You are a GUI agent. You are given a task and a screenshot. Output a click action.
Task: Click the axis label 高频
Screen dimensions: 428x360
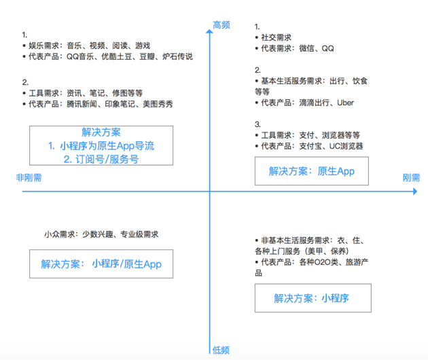click(x=221, y=25)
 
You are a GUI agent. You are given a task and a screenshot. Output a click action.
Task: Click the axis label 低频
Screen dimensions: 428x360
click(x=221, y=350)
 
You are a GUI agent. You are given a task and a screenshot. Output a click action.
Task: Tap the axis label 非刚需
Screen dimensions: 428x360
click(x=29, y=178)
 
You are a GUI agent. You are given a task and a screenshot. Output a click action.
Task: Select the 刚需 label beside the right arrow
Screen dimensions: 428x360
click(x=411, y=178)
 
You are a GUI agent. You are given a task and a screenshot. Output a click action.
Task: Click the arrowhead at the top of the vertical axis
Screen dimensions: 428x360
click(x=209, y=31)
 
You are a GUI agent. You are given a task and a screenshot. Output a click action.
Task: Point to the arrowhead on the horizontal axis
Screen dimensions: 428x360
click(x=415, y=192)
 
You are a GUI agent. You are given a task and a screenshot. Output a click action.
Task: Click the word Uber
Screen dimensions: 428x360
click(x=345, y=103)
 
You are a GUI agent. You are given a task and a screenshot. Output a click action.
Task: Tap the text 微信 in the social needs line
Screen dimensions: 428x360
click(x=306, y=48)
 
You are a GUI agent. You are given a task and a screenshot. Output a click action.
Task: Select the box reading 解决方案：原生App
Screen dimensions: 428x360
click(x=312, y=171)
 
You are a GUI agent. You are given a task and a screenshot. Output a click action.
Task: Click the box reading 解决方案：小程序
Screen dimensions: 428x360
click(x=313, y=298)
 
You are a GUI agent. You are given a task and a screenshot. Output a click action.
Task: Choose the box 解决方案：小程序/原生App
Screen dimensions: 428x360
click(x=101, y=264)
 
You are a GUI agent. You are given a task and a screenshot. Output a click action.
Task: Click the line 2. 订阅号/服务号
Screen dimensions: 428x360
click(x=101, y=159)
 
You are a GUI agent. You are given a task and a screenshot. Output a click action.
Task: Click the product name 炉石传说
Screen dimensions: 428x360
click(x=177, y=56)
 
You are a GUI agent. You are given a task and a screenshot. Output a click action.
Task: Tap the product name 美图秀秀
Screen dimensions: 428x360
click(x=158, y=104)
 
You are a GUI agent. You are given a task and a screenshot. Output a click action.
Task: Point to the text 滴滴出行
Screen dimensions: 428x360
click(x=314, y=103)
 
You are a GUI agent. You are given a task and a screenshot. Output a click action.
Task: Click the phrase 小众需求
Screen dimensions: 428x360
click(x=60, y=234)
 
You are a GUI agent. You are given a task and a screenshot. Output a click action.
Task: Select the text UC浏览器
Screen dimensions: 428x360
click(x=346, y=146)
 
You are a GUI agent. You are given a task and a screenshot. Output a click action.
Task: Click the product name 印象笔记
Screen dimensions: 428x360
click(x=120, y=104)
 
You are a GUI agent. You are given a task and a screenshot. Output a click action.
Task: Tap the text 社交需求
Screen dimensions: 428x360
click(x=277, y=37)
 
